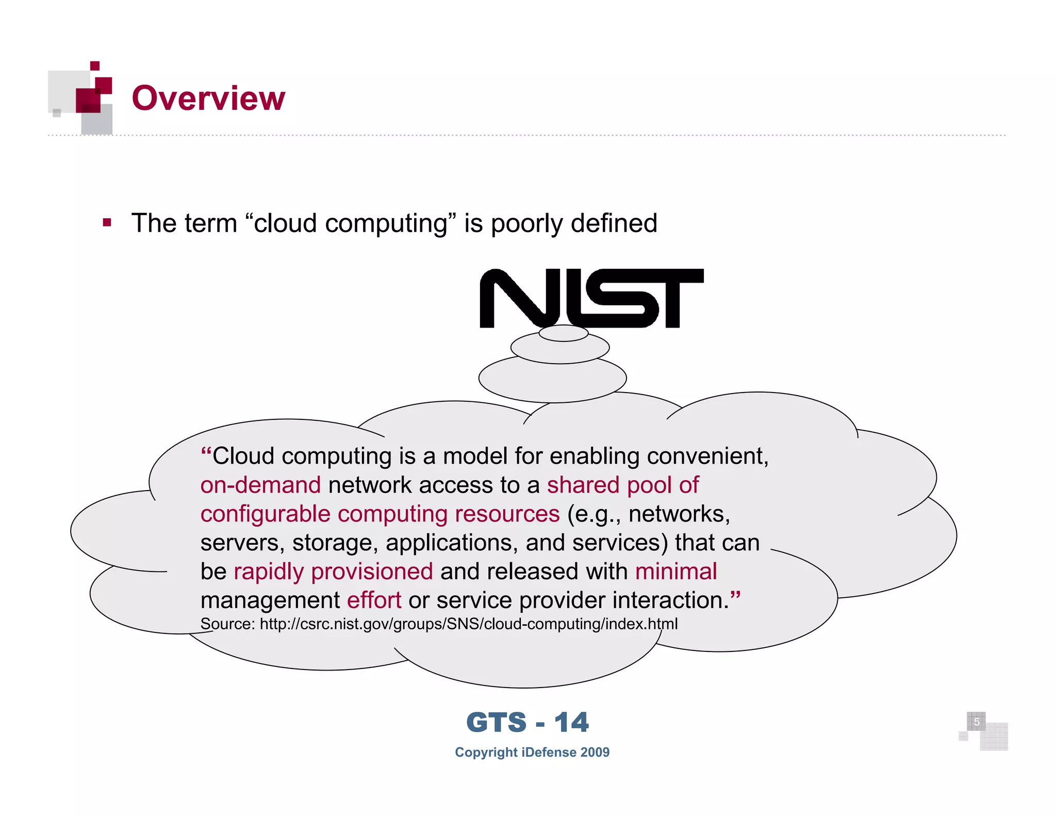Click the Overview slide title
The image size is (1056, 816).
[208, 98]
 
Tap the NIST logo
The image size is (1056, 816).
[591, 298]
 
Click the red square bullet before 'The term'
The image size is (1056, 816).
[107, 223]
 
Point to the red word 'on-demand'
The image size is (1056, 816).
[260, 485]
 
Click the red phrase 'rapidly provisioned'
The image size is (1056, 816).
[333, 572]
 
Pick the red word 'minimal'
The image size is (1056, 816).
[675, 572]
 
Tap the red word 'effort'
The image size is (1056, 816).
[374, 600]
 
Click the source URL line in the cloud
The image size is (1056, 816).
[439, 624]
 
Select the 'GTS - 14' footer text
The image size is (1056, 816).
[527, 722]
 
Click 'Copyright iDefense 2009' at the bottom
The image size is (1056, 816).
[532, 752]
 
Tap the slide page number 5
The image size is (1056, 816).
[976, 722]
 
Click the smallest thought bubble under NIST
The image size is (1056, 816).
[564, 333]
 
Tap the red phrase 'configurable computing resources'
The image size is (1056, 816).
[380, 514]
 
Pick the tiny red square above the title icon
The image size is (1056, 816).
[95, 66]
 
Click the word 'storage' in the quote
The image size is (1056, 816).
[335, 543]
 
